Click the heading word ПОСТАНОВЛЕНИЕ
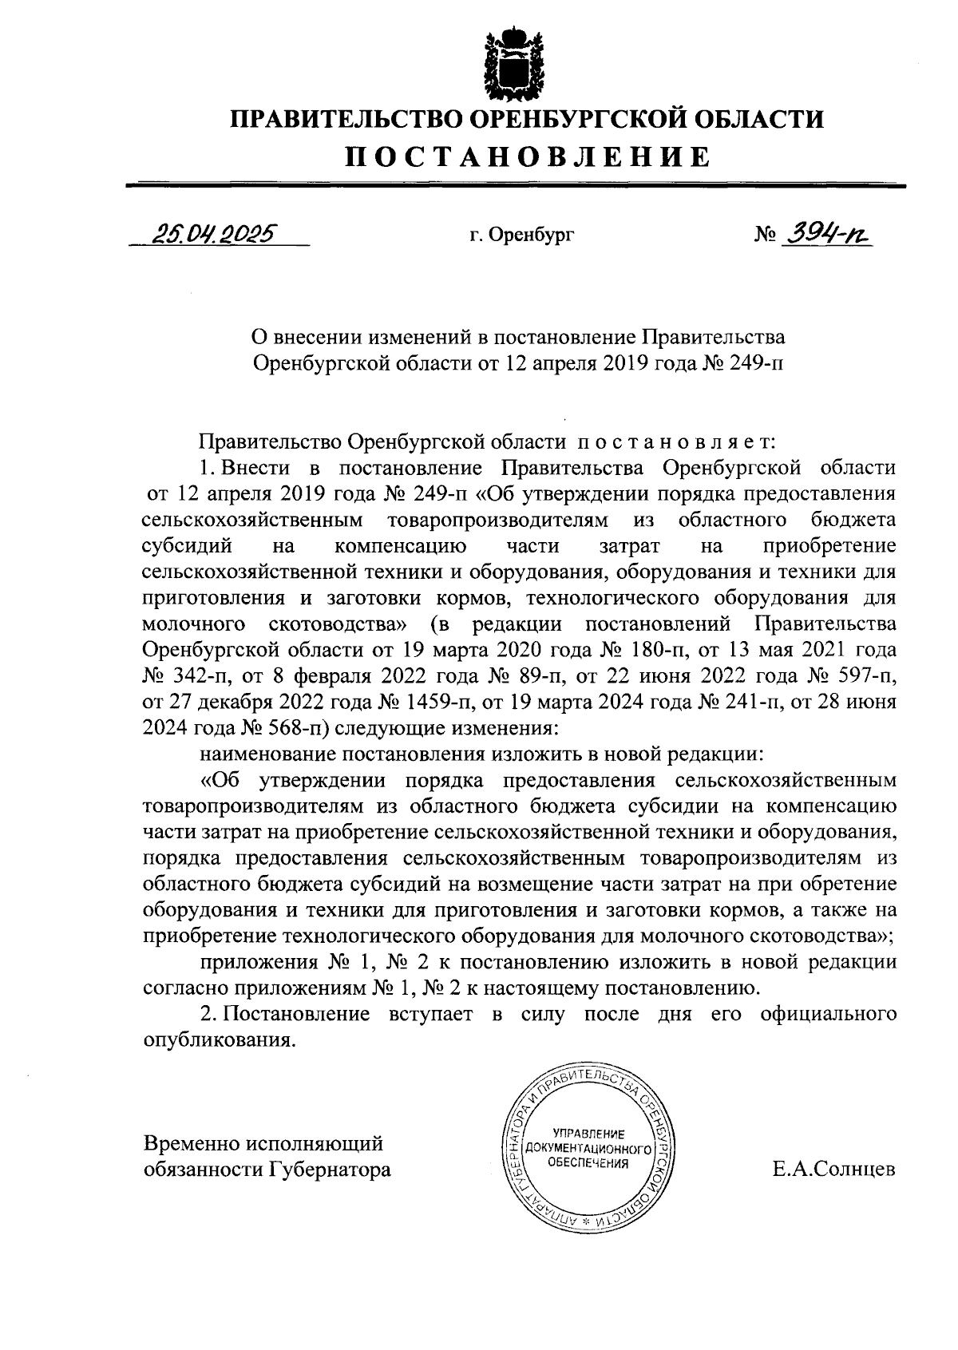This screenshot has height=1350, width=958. click(527, 156)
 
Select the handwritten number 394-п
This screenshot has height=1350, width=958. click(825, 232)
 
